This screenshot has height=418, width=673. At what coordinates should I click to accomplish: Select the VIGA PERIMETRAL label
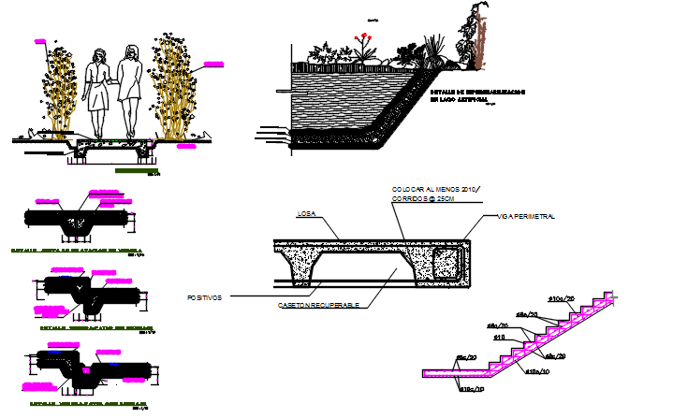click(x=527, y=216)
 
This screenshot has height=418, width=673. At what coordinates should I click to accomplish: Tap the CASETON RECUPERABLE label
click(x=318, y=306)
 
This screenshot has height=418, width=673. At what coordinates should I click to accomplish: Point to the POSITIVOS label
click(x=205, y=297)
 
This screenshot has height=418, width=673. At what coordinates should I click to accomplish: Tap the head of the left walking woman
click(x=96, y=53)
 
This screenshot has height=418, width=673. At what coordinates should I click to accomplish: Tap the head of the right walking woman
click(x=132, y=53)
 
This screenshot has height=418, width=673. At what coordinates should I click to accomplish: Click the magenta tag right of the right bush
click(x=213, y=65)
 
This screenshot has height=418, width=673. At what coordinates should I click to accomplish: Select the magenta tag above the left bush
click(x=41, y=42)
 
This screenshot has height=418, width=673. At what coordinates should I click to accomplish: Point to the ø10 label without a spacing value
click(x=499, y=337)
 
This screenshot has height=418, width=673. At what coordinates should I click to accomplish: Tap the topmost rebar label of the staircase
click(x=560, y=299)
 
